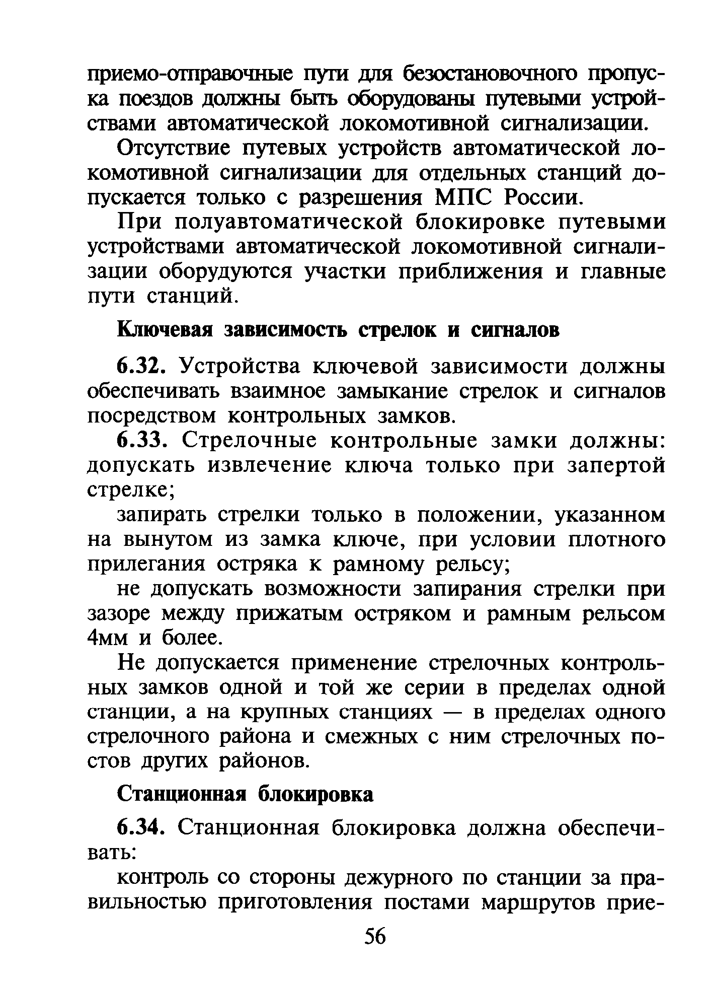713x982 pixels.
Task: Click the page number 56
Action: [374, 937]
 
